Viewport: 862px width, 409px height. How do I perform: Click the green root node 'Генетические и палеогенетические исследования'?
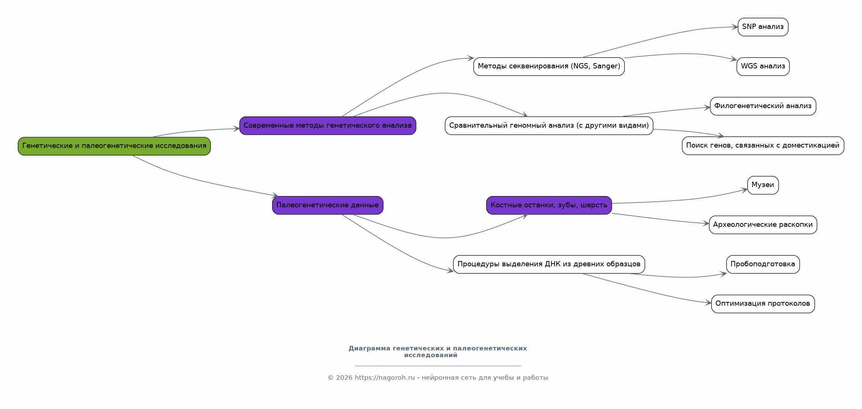(x=114, y=146)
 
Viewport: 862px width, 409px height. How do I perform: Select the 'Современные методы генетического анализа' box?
(x=328, y=125)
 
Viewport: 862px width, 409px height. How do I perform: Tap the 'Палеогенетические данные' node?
(x=328, y=205)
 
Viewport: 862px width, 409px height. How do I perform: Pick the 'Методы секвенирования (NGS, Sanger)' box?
(x=549, y=66)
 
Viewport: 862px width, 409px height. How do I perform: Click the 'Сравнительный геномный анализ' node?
(x=549, y=125)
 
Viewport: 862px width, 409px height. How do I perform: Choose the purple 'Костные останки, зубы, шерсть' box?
(x=549, y=205)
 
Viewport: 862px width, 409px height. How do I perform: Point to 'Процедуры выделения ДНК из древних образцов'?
(x=549, y=264)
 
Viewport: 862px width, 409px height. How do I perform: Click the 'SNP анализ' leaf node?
(x=763, y=27)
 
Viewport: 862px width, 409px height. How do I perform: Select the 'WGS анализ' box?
(x=763, y=66)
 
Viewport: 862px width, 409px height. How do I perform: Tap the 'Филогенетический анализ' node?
(x=763, y=106)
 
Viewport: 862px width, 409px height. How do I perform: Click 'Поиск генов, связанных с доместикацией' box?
(x=763, y=146)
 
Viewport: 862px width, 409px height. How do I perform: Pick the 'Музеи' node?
(x=763, y=185)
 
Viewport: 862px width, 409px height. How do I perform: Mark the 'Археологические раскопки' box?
(x=763, y=225)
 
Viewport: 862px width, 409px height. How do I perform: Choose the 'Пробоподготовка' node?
(x=763, y=264)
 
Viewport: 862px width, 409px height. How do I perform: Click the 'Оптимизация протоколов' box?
(x=763, y=304)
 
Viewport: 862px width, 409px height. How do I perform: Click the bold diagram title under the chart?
(x=438, y=352)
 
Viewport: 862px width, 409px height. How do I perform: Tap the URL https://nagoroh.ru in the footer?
(x=385, y=378)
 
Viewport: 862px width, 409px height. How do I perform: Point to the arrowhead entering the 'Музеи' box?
(x=744, y=190)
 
